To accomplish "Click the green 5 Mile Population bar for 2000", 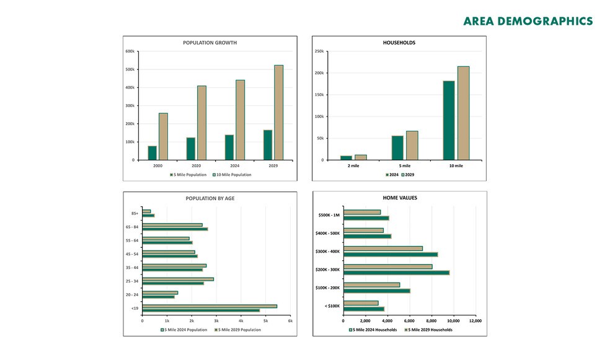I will click(152, 153).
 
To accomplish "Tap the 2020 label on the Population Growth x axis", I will click(196, 166).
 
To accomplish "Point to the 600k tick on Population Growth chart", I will click(131, 51).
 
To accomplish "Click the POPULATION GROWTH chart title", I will click(210, 43).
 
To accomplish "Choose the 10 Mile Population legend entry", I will click(232, 175).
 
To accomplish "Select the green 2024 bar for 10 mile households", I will click(449, 120).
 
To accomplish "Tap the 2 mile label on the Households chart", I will click(353, 166).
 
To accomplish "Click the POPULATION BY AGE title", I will click(210, 199).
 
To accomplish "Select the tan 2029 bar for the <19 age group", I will click(210, 306).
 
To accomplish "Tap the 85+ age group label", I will click(134, 214).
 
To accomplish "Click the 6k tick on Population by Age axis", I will click(290, 320).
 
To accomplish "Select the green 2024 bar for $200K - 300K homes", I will click(396, 273).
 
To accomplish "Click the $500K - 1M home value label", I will click(327, 215).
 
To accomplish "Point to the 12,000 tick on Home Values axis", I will click(475, 320).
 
